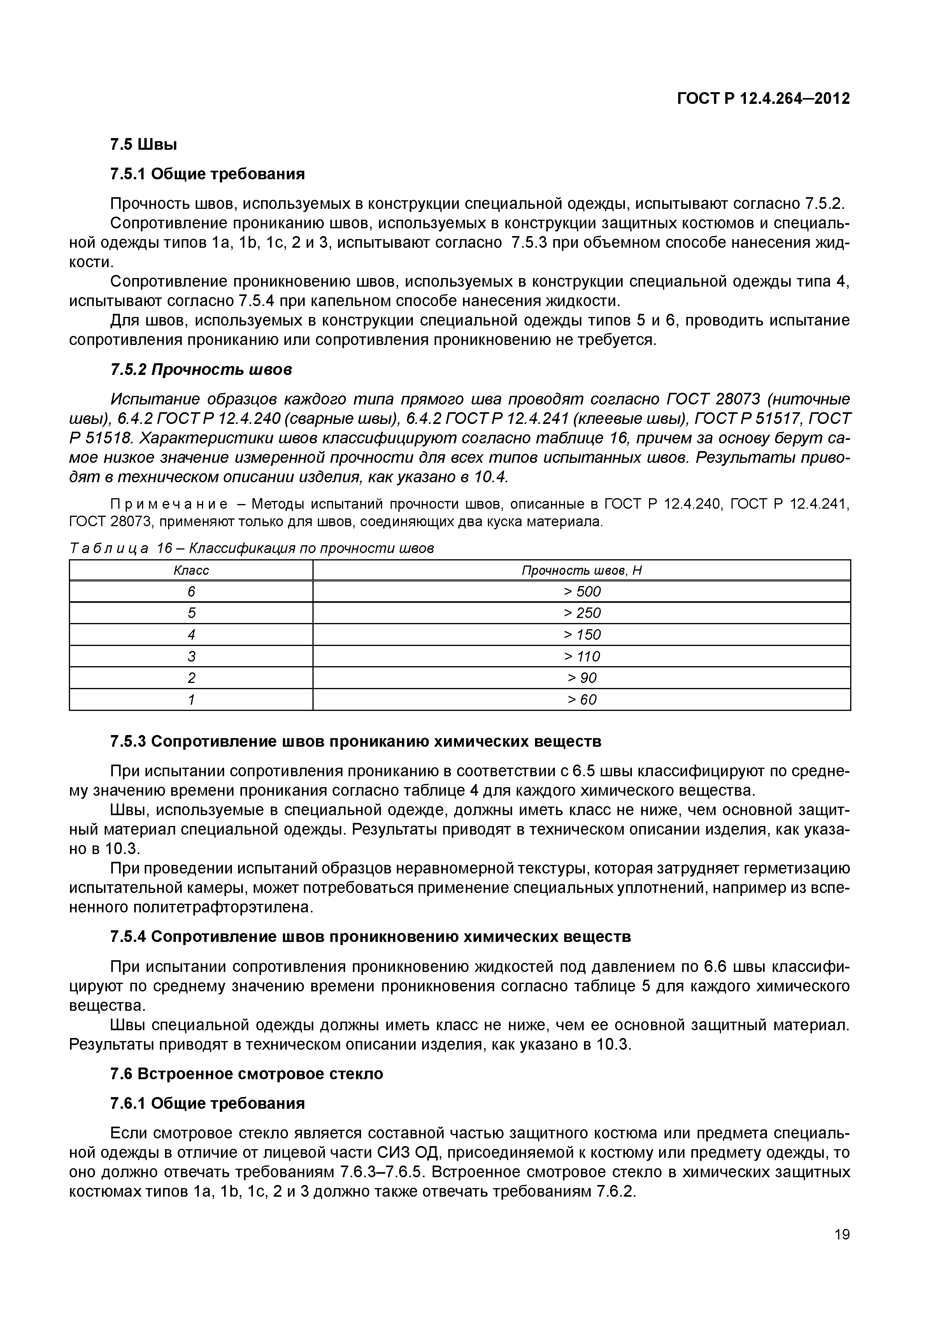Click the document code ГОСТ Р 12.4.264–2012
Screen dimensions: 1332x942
click(x=763, y=99)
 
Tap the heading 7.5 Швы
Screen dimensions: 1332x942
click(x=143, y=144)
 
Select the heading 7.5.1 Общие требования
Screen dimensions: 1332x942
click(x=207, y=174)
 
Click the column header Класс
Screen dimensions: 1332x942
click(x=191, y=571)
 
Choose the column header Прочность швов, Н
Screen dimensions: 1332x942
click(x=582, y=571)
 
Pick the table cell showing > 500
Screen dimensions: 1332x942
click(x=582, y=592)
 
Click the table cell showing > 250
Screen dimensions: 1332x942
click(x=582, y=613)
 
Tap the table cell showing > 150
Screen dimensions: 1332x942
click(x=582, y=635)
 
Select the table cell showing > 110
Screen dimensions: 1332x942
click(x=582, y=657)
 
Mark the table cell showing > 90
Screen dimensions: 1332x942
click(x=582, y=678)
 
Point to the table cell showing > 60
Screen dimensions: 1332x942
click(x=582, y=700)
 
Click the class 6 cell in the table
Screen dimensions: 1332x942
click(x=191, y=592)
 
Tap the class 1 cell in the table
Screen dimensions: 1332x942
click(x=191, y=700)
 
